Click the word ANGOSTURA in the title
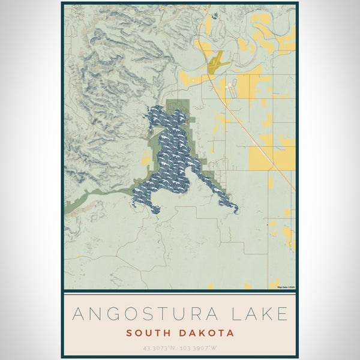coord(145,314)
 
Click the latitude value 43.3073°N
coord(160,347)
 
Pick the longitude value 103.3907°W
coord(201,347)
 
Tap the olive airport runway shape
coord(217,60)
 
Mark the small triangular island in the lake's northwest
coord(157,128)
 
